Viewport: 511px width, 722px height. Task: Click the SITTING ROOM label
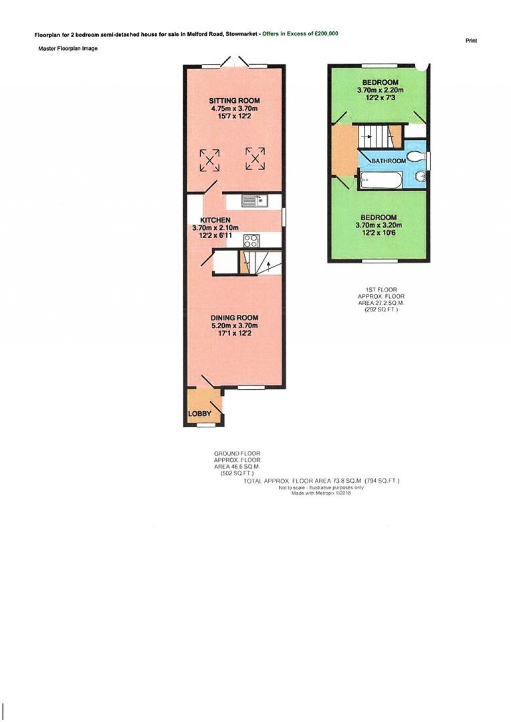click(x=234, y=101)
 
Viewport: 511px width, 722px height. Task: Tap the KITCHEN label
click(x=215, y=220)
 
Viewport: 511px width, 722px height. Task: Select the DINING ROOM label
click(x=234, y=318)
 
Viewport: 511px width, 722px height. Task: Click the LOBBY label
click(x=199, y=414)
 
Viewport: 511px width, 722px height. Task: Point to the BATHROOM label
click(x=389, y=161)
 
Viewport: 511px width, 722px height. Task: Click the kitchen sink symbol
click(x=255, y=201)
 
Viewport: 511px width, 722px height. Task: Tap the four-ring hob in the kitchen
click(x=251, y=241)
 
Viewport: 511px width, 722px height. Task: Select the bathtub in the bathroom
click(x=380, y=180)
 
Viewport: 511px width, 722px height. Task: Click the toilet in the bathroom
click(x=416, y=157)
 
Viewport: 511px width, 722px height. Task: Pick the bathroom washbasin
click(x=420, y=176)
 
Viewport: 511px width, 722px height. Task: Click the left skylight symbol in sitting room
click(x=210, y=160)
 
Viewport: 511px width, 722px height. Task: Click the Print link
click(x=471, y=41)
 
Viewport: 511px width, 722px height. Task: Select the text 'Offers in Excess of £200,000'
click(x=300, y=34)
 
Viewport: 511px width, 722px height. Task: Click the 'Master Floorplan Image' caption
click(x=68, y=48)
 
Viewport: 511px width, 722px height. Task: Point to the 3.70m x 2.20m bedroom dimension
click(x=380, y=90)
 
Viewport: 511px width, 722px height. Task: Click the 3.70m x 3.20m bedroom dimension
click(x=378, y=225)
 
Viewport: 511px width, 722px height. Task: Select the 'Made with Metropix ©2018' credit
click(x=321, y=493)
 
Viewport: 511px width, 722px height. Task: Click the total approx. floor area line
click(x=321, y=481)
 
